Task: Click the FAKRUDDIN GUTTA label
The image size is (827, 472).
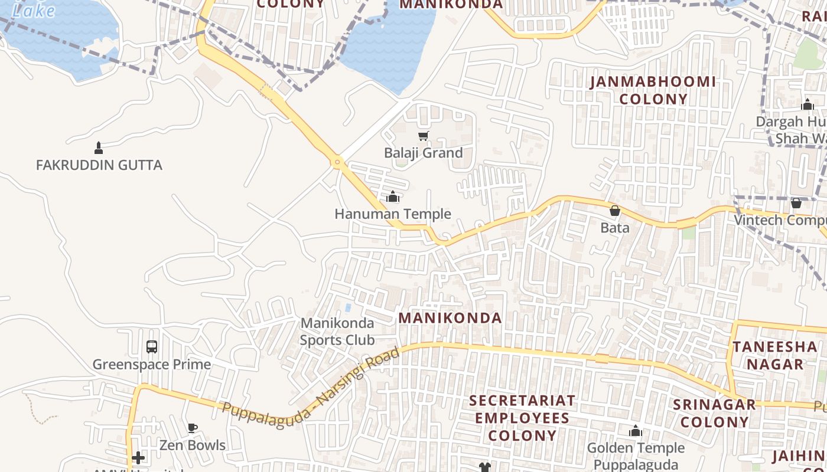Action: coord(99,165)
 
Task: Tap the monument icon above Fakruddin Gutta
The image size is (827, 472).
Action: coord(99,147)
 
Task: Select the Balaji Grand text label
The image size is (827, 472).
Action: coord(423,153)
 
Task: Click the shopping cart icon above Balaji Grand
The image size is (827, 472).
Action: coord(423,136)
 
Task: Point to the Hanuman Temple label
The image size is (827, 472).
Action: coord(393,214)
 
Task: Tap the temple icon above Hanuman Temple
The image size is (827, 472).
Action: coord(393,196)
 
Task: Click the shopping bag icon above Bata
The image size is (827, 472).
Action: coord(615,211)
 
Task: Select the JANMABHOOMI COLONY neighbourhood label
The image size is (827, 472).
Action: coord(653,90)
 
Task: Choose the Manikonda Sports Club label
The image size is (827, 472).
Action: coord(337,331)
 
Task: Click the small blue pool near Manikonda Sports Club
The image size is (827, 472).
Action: coord(348,308)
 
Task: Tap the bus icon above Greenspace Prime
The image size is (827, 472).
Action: coord(152,347)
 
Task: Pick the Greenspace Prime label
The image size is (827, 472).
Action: coord(152,364)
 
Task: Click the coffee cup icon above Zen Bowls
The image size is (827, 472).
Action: coord(192,428)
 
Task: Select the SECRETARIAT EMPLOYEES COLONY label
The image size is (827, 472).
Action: coord(522,418)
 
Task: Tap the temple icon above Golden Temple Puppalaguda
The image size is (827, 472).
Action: coord(636,431)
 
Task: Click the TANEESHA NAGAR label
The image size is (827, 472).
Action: coord(774,355)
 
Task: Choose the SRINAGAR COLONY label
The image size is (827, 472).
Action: coord(714,413)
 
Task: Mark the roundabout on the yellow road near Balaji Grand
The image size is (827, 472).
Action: coord(337,161)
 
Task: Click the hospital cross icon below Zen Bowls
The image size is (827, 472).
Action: coord(138,458)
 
